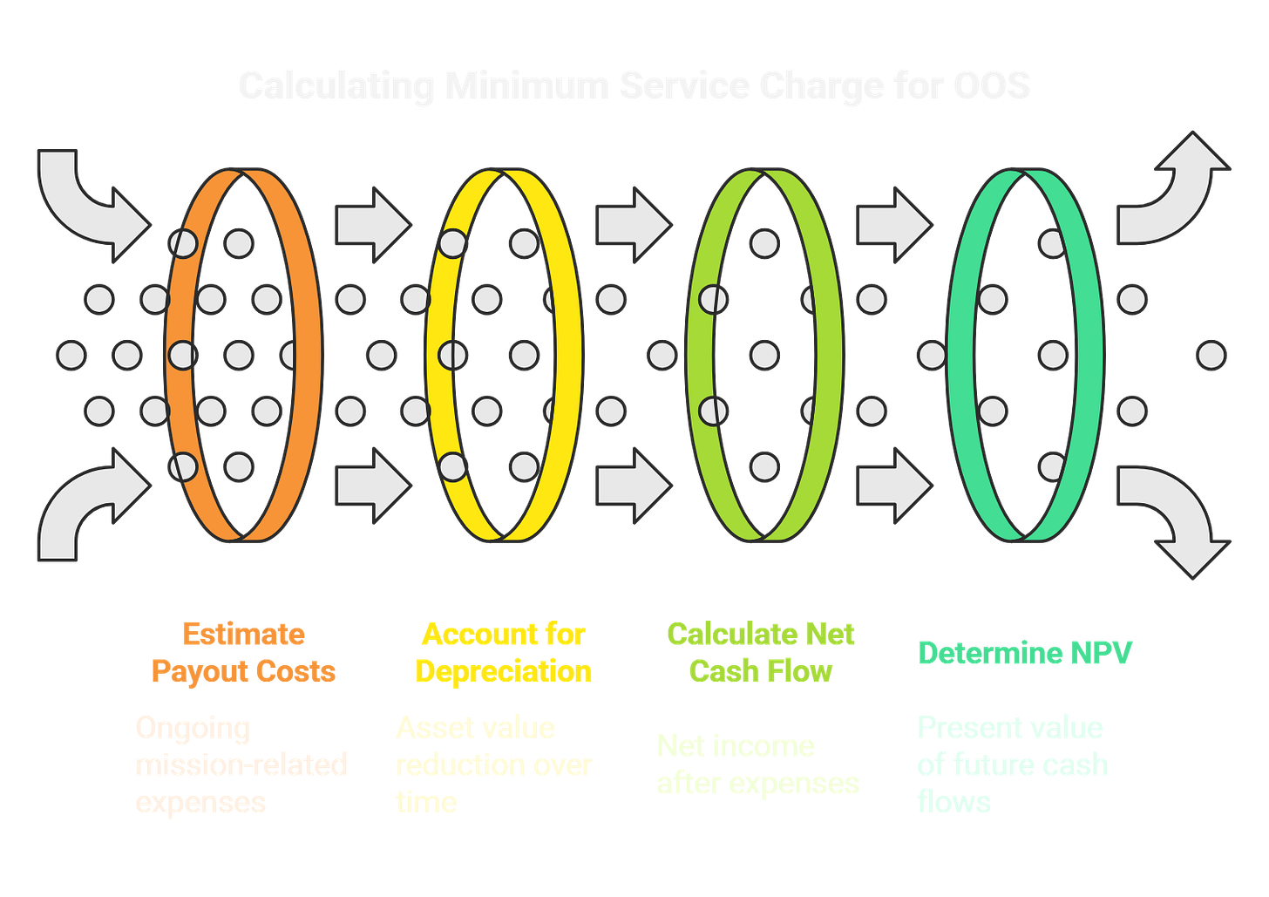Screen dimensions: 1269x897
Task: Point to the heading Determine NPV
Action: [x=1024, y=653]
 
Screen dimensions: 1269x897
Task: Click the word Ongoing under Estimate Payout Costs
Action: [x=192, y=728]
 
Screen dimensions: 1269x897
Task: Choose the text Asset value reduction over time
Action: [x=493, y=764]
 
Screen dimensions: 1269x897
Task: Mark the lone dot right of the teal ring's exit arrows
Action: [x=1211, y=356]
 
